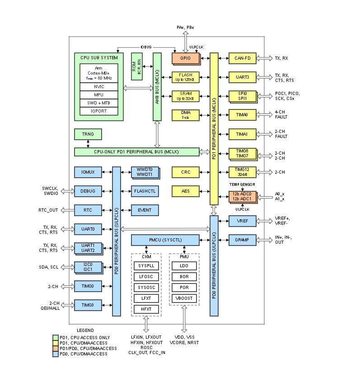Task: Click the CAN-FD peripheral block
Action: point(243,58)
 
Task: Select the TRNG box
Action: point(88,134)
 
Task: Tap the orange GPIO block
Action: point(185,58)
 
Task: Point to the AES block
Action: point(186,191)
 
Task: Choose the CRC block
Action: point(186,172)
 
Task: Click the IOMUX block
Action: point(88,172)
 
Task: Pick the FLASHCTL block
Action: point(145,191)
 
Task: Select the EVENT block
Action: point(145,210)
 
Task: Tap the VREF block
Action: point(243,221)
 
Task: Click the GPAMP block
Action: point(243,240)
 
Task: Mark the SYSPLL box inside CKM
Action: point(146,265)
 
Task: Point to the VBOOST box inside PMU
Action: point(184,298)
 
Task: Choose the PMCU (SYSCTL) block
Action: point(165,240)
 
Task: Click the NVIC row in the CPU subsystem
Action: point(99,86)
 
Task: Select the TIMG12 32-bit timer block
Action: point(243,172)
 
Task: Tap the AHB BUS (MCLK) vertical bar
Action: point(157,87)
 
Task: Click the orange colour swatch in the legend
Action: point(55,349)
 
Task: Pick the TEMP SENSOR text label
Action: point(243,184)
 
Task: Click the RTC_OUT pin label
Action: point(49,210)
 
